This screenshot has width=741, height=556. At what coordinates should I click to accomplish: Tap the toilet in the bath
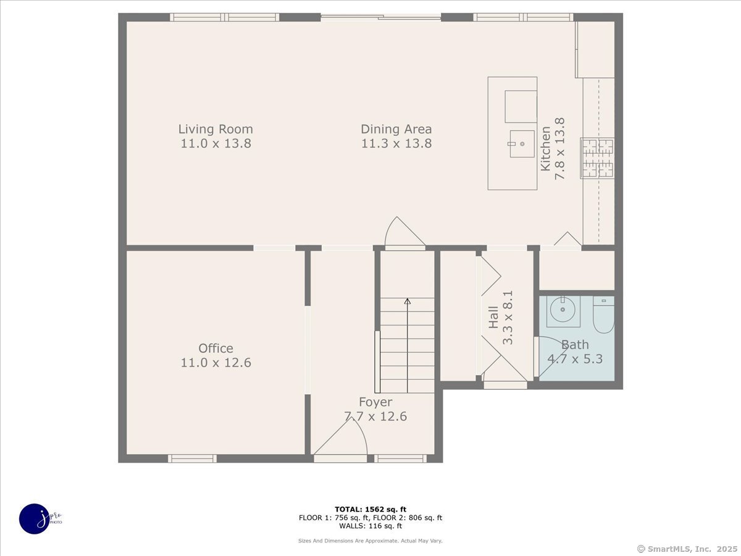click(603, 315)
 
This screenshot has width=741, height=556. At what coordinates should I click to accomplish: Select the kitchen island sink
click(522, 144)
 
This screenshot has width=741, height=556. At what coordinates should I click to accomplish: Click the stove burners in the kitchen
click(598, 158)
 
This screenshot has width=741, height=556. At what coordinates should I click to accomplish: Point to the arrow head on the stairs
click(408, 301)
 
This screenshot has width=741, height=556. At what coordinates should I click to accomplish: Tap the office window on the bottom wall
click(193, 458)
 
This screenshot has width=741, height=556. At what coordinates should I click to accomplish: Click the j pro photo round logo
click(35, 519)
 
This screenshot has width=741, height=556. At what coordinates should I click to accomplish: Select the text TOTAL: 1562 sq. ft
click(371, 509)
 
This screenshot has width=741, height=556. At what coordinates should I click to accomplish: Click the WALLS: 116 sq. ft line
click(371, 526)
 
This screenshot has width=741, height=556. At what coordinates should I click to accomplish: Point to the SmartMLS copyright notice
click(687, 549)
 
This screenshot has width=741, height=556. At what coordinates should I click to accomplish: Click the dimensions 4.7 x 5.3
click(575, 359)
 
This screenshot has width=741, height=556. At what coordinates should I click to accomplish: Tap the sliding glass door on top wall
click(380, 17)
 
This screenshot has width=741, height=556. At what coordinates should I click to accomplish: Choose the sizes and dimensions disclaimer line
click(371, 541)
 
